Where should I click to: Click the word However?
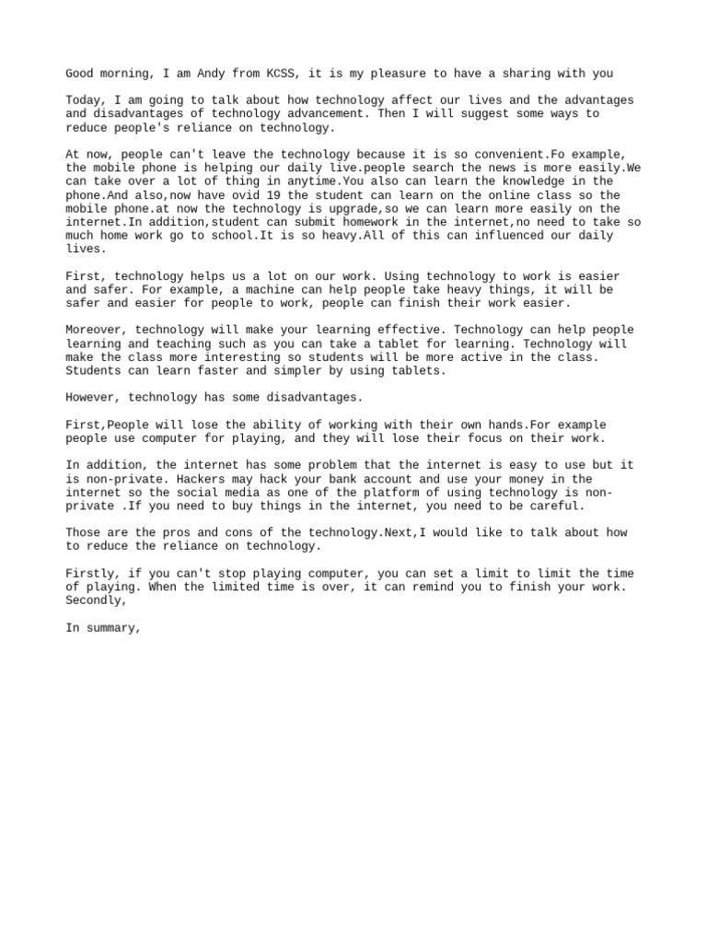pyautogui.click(x=93, y=398)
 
